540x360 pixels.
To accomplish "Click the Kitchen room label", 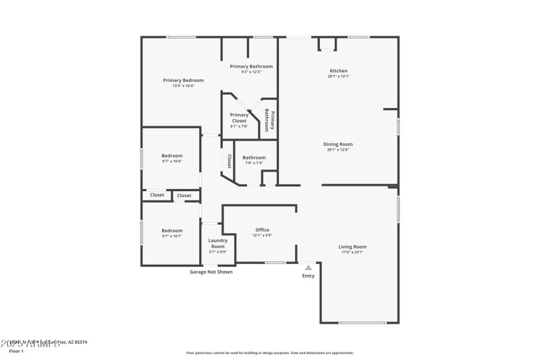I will point(338,71).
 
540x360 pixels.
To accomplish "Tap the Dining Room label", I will point(338,144).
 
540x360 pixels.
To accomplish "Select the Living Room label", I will point(352,247).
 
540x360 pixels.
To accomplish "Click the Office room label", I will point(262,230).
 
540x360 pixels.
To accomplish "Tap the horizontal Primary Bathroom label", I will point(251,66).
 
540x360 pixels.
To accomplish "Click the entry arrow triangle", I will point(308,267).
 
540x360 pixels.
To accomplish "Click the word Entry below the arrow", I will point(308,276).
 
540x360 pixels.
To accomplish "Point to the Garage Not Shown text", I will point(211,272).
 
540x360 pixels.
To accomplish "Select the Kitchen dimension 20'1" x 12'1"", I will point(338,76).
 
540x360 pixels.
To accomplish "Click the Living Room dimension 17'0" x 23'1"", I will point(352,252).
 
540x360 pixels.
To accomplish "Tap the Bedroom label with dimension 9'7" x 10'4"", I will point(171,155).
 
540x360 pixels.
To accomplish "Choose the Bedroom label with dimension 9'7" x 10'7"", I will point(171,230).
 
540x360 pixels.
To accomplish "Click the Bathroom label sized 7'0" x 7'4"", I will point(254,157).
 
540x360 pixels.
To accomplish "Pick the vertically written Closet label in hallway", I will point(230,161).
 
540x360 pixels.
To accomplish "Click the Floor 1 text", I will point(16,351).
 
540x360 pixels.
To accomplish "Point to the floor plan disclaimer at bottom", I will point(269,353).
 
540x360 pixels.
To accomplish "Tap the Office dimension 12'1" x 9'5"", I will point(262,236).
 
